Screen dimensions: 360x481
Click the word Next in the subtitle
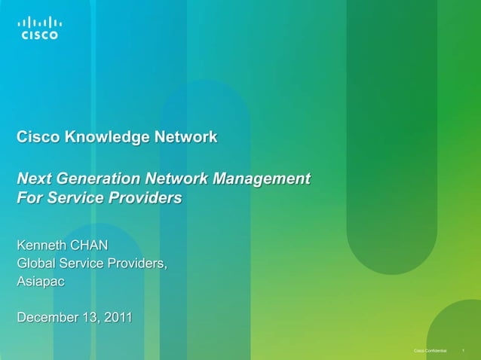pyautogui.click(x=33, y=180)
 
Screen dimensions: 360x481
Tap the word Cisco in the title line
pyautogui.click(x=38, y=138)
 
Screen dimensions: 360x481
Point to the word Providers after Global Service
pyautogui.click(x=136, y=264)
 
